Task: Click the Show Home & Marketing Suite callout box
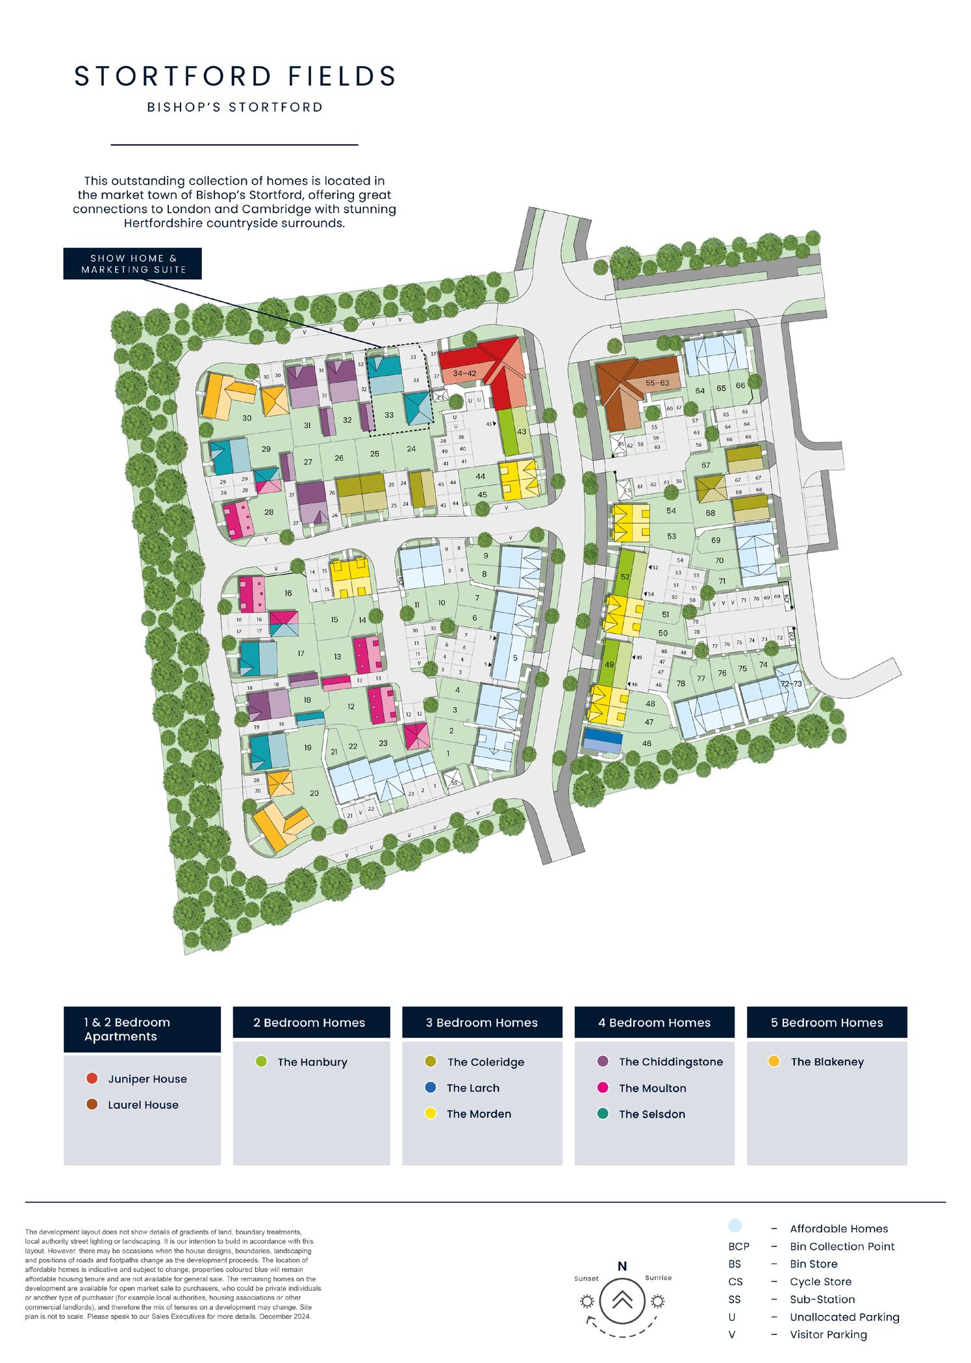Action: [132, 264]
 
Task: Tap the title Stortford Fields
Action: [235, 77]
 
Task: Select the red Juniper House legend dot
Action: [92, 1079]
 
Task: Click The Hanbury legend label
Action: [312, 1062]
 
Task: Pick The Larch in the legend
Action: [473, 1088]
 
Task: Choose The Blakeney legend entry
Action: [827, 1062]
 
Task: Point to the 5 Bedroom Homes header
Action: [826, 1023]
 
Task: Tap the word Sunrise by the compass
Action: [658, 1277]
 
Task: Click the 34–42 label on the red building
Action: [465, 374]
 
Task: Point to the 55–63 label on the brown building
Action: [657, 383]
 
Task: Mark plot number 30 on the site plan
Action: [247, 418]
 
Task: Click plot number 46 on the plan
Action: [646, 744]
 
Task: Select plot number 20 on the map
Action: [314, 793]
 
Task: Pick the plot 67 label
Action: [706, 465]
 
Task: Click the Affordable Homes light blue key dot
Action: [735, 1225]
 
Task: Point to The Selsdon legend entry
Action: [651, 1114]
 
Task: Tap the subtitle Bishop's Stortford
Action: [235, 107]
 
